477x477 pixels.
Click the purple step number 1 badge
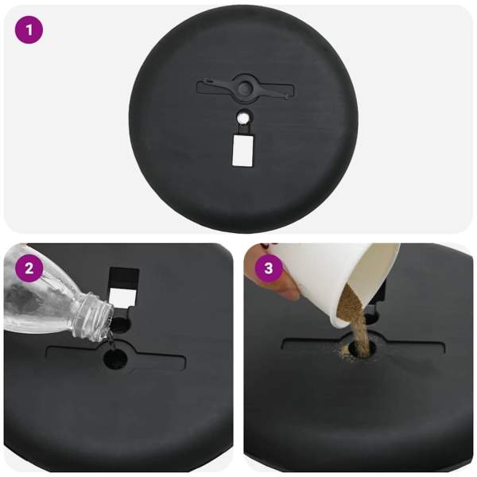pos(29,30)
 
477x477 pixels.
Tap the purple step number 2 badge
pos(29,269)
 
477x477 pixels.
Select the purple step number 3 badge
pos(269,269)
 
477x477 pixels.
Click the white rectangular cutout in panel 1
pos(242,150)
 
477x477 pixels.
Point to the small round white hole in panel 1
pos(242,117)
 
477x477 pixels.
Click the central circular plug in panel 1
pos(244,88)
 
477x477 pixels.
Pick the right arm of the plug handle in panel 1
pos(271,92)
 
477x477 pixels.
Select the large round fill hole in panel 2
pos(115,359)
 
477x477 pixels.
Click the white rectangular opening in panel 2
pos(122,297)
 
